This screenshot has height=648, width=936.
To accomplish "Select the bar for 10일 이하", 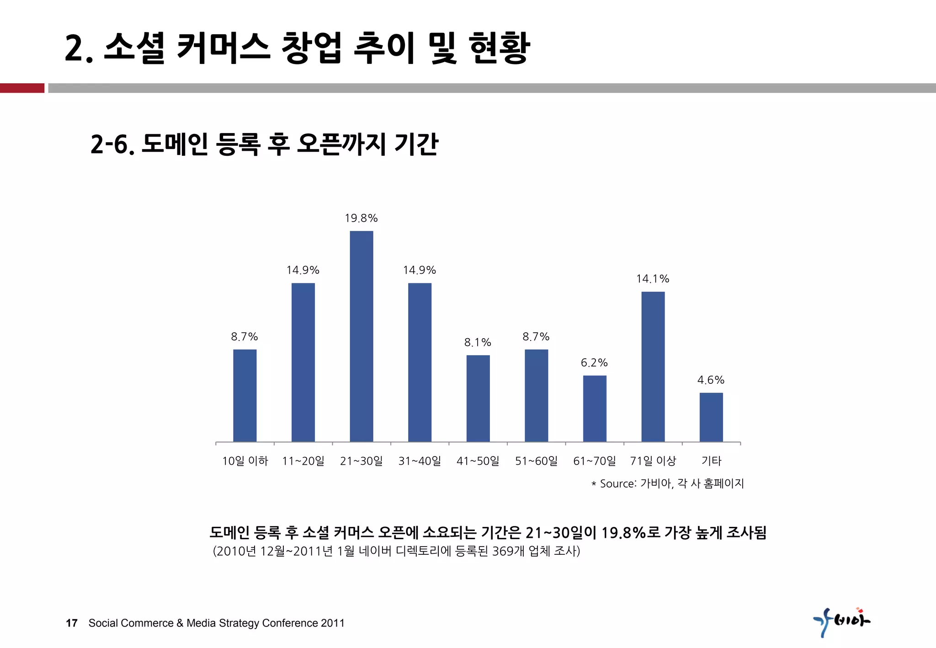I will pyautogui.click(x=245, y=395).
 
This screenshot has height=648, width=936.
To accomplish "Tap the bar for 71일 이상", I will pyautogui.click(x=653, y=366).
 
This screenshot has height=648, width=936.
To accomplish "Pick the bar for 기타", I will pyautogui.click(x=711, y=417).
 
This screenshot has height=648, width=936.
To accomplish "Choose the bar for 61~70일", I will pyautogui.click(x=595, y=408).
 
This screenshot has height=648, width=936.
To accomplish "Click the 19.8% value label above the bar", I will pyautogui.click(x=361, y=218).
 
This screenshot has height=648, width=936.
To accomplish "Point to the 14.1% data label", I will pyautogui.click(x=653, y=279).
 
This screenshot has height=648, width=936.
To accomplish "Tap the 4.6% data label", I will pyautogui.click(x=711, y=380).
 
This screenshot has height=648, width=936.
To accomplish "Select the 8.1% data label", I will pyautogui.click(x=478, y=342).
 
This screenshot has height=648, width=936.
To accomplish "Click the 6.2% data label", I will pyautogui.click(x=594, y=363).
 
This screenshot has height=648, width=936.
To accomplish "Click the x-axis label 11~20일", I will pyautogui.click(x=303, y=461).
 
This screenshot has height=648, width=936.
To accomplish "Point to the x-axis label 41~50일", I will pyautogui.click(x=478, y=461).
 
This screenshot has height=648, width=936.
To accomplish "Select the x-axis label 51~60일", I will pyautogui.click(x=536, y=461).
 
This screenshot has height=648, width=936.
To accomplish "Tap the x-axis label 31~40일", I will pyautogui.click(x=420, y=461).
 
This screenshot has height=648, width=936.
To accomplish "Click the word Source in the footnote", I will pyautogui.click(x=617, y=483).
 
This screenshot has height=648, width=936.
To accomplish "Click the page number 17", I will pyautogui.click(x=72, y=623).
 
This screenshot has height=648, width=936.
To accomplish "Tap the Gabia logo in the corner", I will pyautogui.click(x=841, y=621).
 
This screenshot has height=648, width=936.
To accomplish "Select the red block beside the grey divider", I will pyautogui.click(x=22, y=88).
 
